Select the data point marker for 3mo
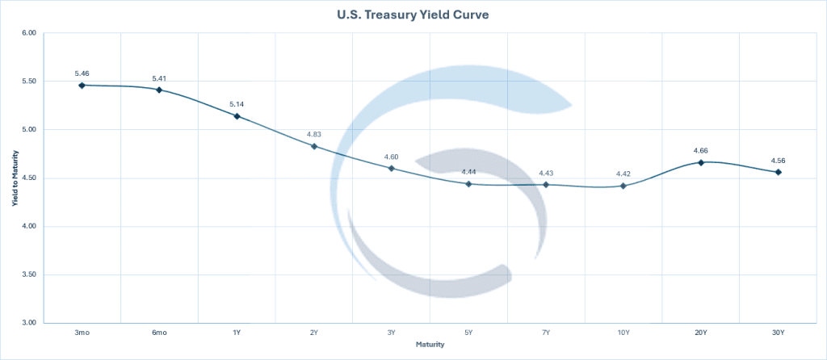pos(82,85)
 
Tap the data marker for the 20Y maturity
pos(701,162)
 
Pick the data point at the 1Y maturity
pos(237,116)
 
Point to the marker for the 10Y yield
pos(623,186)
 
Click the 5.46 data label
pos(82,73)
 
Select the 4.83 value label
pos(314,134)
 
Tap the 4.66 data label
pos(701,150)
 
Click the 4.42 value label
pos(623,174)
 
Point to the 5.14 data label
pos(237,104)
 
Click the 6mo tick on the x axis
pos(159,333)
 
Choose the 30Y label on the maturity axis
pos(779,333)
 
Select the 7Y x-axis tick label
pos(546,333)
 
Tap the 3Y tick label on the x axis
pos(391,333)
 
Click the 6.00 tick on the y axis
pos(29,33)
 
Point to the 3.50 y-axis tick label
pos(29,274)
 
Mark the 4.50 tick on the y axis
pos(29,178)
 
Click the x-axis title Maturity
pos(430,345)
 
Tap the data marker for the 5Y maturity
pos(468,184)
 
